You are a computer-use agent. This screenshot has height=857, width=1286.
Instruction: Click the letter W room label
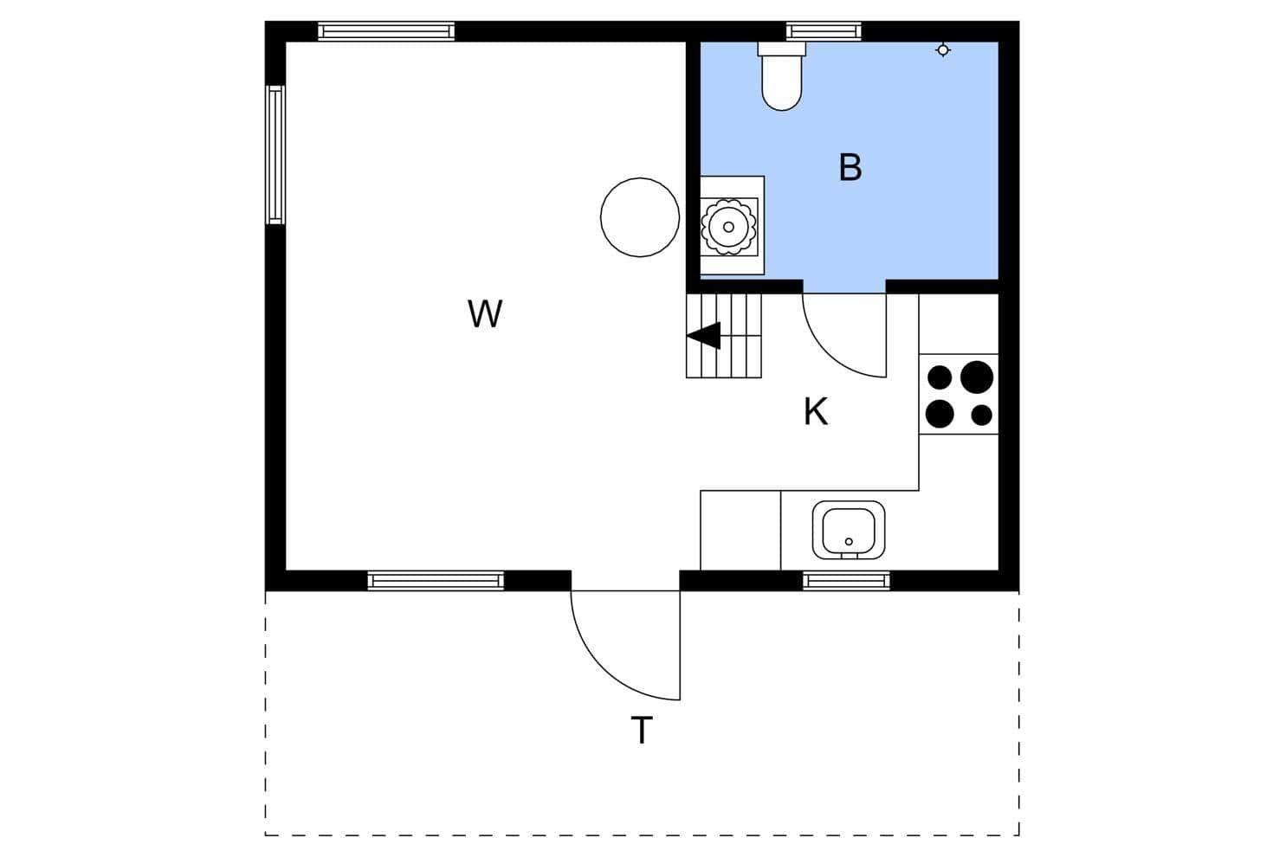click(485, 313)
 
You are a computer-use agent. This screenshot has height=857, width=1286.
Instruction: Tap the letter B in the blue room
click(850, 167)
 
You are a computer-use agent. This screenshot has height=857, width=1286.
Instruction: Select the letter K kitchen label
click(816, 411)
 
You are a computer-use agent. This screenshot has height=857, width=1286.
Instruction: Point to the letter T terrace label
click(642, 730)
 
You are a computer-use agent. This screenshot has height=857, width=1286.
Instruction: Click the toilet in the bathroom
click(781, 76)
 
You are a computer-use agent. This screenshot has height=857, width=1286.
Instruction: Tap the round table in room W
click(640, 217)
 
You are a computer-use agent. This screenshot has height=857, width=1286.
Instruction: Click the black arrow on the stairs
click(704, 336)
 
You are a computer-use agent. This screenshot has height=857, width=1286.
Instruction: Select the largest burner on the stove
click(977, 377)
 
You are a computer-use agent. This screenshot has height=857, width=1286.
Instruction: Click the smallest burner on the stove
click(982, 415)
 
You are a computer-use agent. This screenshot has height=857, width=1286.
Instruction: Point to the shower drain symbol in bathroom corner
click(943, 50)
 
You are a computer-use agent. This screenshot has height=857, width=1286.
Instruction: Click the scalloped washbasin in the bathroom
click(728, 227)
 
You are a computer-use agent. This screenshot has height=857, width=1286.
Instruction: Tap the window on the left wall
click(275, 155)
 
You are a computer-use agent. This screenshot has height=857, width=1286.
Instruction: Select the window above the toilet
click(824, 31)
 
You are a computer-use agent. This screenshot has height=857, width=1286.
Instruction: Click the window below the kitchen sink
click(846, 581)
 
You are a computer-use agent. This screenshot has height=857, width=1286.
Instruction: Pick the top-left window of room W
click(386, 31)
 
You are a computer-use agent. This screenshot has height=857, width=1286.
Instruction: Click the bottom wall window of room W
click(436, 581)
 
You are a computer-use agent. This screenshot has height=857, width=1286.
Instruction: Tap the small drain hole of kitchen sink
click(849, 542)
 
